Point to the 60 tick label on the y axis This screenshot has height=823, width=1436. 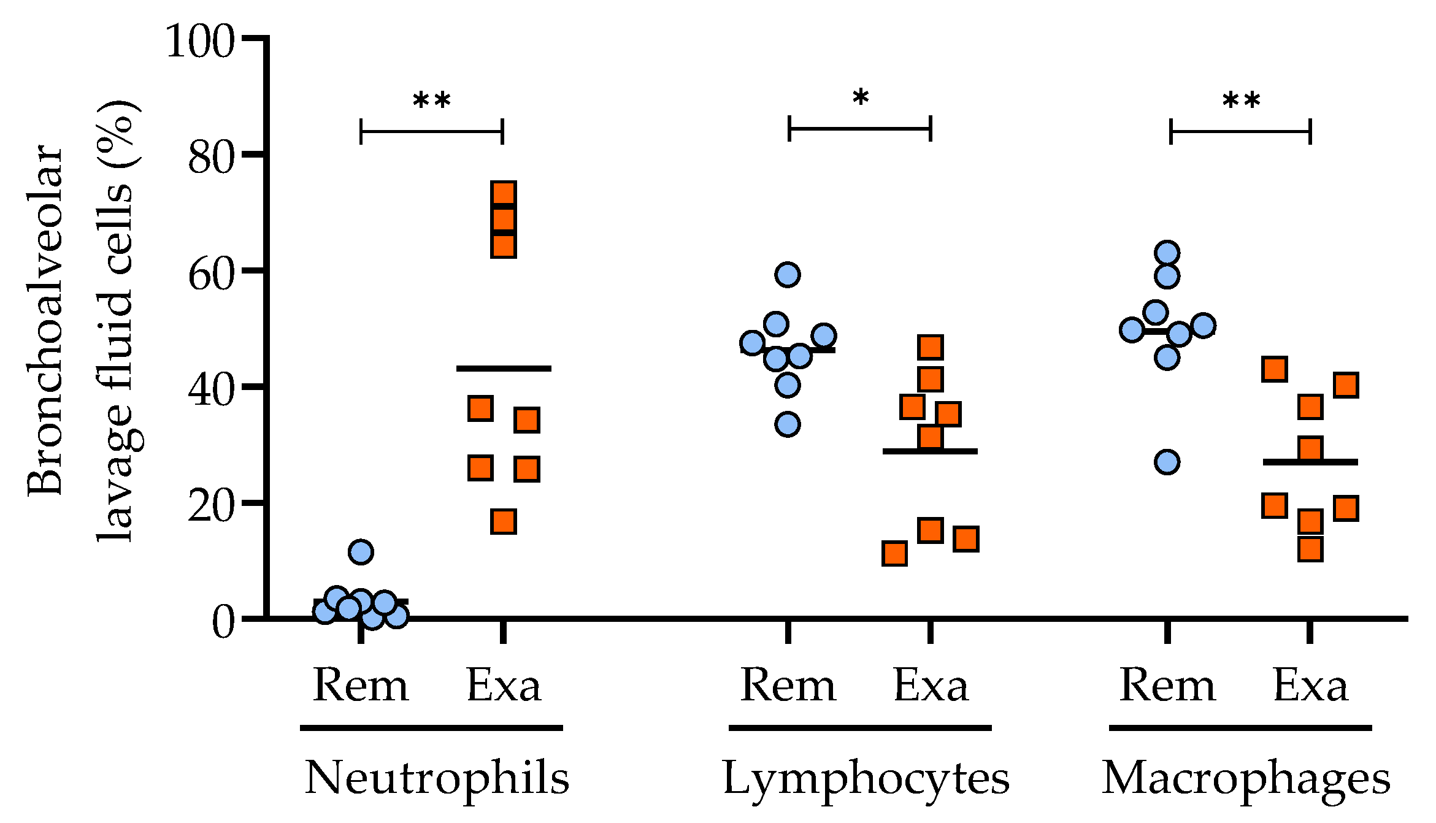[x=211, y=274]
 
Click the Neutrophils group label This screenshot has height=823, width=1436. [x=437, y=778]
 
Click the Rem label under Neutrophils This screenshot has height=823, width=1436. [x=360, y=686]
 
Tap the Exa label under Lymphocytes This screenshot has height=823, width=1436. [x=931, y=686]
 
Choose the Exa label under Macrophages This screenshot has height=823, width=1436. [x=1310, y=686]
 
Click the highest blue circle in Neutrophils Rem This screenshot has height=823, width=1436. [x=361, y=552]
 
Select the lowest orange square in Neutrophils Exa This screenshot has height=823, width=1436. [x=504, y=522]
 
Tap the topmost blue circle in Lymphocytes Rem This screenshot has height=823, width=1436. [x=788, y=275]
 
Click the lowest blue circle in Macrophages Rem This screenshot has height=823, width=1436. [x=1167, y=462]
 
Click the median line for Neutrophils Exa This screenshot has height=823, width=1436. [x=504, y=369]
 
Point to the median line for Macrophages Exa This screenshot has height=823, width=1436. [x=1310, y=462]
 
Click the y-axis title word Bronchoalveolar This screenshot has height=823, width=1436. [x=45, y=320]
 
